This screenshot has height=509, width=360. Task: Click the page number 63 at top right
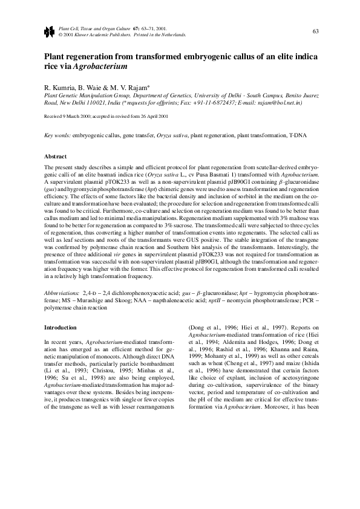pyautogui.click(x=315, y=31)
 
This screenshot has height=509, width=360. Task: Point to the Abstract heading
pyautogui.click(x=56, y=156)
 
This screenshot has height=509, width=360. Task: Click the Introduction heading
pyautogui.click(x=61, y=327)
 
